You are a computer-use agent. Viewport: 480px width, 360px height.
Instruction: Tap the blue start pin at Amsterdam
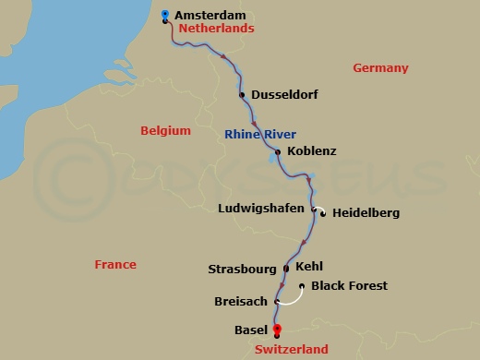tap(164, 15)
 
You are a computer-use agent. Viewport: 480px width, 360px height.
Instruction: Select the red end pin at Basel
tap(276, 330)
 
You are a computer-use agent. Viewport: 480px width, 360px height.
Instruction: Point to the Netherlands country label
tap(216, 29)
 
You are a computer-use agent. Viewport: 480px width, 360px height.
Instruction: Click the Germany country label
tap(379, 67)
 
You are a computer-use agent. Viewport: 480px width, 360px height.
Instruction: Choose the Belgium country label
tap(165, 131)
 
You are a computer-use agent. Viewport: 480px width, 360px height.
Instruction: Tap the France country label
tap(115, 265)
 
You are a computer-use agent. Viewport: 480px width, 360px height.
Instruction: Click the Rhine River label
tap(267, 135)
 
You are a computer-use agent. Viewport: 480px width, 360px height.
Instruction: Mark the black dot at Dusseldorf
tap(242, 94)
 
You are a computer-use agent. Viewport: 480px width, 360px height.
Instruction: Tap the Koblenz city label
tap(312, 150)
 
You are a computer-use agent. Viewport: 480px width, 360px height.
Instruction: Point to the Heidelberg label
tap(366, 213)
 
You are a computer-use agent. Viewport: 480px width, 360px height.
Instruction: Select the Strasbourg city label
tap(244, 270)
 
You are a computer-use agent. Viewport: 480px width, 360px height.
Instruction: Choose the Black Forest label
tap(349, 286)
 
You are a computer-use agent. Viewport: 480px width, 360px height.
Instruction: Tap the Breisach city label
tap(240, 301)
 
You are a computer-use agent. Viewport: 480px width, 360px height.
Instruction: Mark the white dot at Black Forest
tap(303, 286)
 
